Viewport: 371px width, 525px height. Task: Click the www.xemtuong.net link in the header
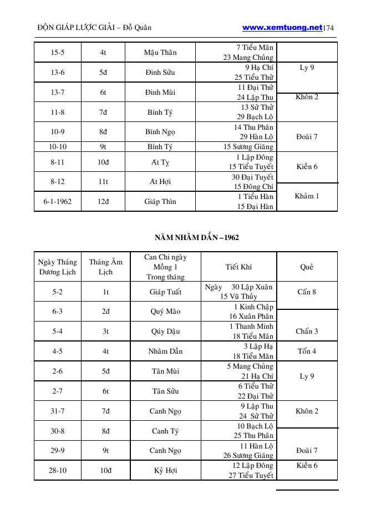(x=282, y=27)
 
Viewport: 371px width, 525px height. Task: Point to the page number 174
(x=328, y=28)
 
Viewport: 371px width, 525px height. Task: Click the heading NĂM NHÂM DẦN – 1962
(x=197, y=238)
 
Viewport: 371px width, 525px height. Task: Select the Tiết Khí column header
(x=238, y=267)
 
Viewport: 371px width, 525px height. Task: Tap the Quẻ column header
(x=307, y=267)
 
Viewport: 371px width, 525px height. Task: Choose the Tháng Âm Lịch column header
(x=105, y=267)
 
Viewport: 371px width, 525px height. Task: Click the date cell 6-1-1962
(x=58, y=202)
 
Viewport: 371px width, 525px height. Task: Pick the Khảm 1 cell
(x=307, y=196)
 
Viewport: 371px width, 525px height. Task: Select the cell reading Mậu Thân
(x=160, y=53)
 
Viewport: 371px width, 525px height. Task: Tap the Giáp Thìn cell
(x=160, y=202)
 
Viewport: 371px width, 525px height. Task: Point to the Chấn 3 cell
(x=307, y=332)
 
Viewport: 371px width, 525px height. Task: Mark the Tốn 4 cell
(x=307, y=351)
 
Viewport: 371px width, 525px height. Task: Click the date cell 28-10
(x=58, y=471)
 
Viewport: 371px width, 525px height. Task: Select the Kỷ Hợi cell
(x=165, y=471)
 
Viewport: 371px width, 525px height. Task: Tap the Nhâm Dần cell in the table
(x=165, y=351)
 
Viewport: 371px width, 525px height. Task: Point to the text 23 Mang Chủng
(x=248, y=58)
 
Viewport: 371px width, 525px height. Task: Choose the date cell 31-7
(x=58, y=411)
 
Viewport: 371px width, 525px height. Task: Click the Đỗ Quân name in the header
(x=136, y=28)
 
